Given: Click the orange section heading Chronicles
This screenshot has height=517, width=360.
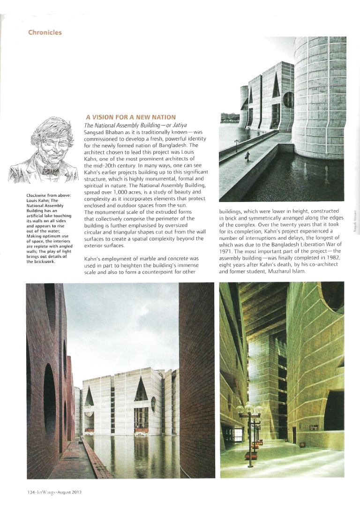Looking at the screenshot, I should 45,32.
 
